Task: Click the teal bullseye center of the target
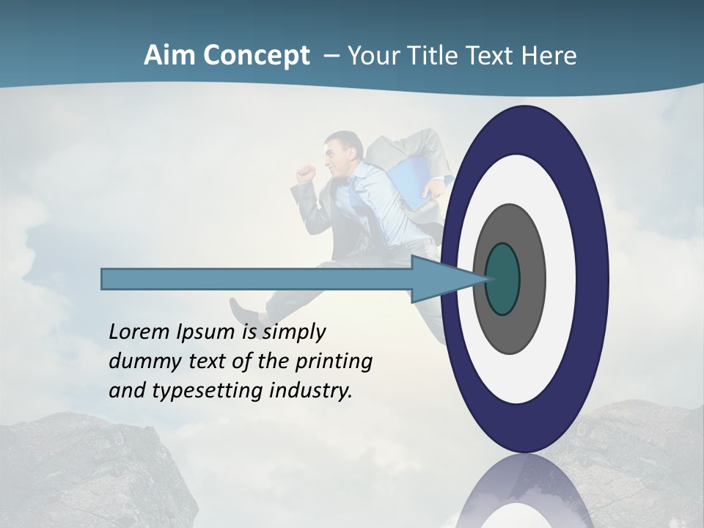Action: pos(502,279)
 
